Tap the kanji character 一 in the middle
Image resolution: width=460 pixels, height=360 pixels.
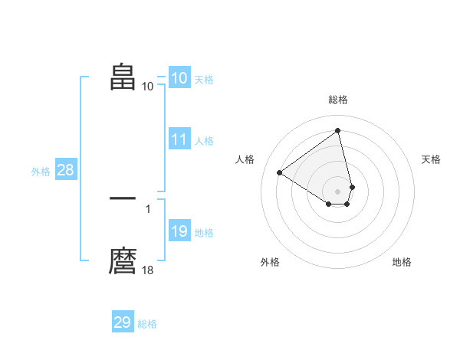123,198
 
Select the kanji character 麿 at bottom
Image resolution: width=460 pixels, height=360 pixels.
123,260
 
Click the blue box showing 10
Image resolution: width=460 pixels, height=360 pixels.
179,78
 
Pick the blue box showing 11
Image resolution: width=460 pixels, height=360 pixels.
179,139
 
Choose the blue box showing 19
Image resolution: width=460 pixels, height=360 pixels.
179,231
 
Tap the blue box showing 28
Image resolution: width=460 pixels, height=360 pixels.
65,170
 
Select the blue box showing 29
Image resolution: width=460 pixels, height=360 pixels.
123,322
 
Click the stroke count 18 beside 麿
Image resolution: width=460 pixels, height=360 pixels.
148,270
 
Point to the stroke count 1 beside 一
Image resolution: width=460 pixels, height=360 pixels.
148,208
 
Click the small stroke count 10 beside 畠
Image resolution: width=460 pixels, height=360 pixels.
148,86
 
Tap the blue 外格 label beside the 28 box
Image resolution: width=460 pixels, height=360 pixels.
41,172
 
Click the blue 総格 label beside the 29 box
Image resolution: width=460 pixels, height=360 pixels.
147,324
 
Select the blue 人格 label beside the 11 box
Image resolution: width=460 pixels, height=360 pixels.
204,141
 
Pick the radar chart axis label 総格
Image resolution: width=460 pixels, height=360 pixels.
338,100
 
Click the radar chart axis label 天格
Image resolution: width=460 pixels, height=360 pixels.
432,159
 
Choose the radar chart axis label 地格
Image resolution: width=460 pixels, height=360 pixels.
402,262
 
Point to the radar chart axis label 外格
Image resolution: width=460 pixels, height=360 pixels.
270,262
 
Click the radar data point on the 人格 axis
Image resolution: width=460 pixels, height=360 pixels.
280,172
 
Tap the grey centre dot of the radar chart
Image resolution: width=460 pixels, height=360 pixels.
338,191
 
